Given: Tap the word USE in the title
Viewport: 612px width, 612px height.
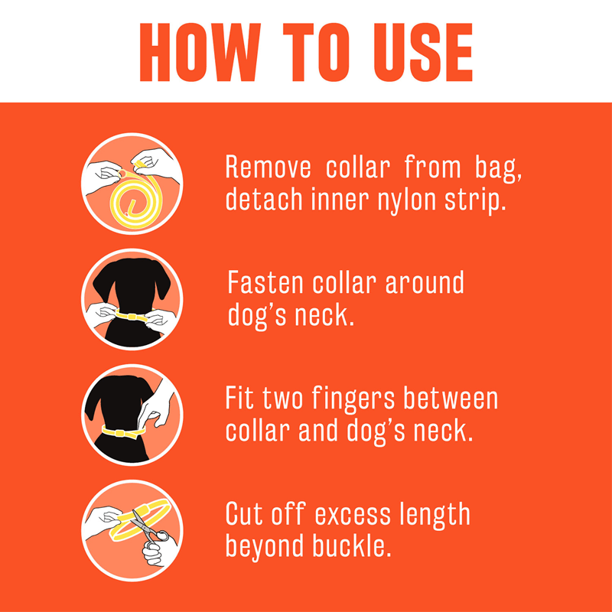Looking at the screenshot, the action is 423,52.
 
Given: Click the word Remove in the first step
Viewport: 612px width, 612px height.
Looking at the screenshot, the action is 269,167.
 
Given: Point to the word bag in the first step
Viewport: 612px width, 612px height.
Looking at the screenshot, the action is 498,168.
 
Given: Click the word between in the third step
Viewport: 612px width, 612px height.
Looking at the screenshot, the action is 451,398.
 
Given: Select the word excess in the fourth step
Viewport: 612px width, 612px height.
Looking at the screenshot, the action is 353,516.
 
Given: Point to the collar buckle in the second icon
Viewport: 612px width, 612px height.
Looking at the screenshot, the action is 132,316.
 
